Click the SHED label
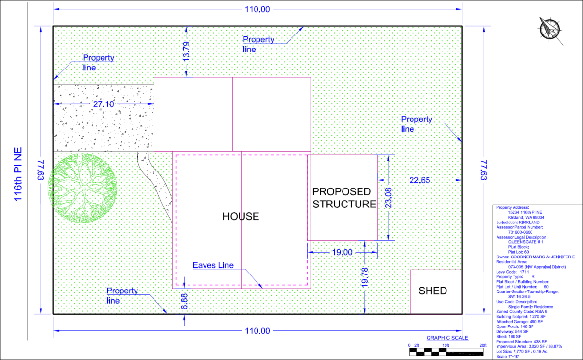(432, 291)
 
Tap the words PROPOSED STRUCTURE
(344, 198)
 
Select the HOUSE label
(241, 217)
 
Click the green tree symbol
(82, 187)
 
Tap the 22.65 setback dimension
(420, 180)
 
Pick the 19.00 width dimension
(342, 252)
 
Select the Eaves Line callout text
(213, 265)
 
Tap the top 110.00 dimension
(257, 9)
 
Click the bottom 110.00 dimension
(257, 331)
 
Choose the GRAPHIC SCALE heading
(447, 338)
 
